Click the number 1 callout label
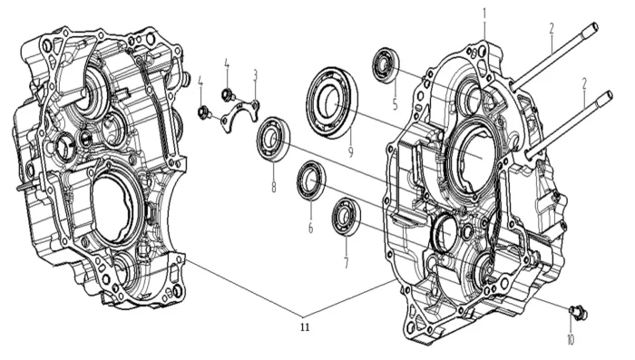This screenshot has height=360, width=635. pos(484,15)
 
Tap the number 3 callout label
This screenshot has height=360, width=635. pos(255,75)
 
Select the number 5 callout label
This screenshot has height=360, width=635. pos(396,105)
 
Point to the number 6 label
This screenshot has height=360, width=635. pos(310,229)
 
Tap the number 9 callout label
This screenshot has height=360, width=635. pos(351,151)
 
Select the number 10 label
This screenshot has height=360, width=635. pos(571,340)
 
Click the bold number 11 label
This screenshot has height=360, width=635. pos(305,327)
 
